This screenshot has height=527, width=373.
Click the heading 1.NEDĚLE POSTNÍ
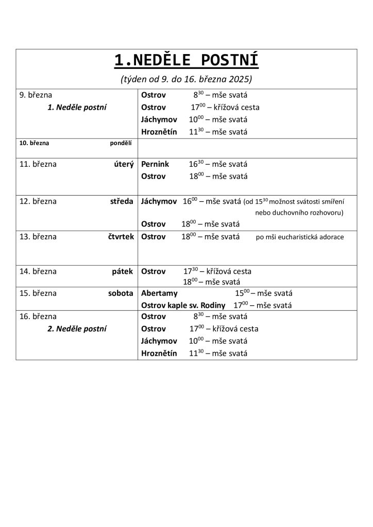pyautogui.click(x=186, y=61)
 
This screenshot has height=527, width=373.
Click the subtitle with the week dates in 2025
pyautogui.click(x=186, y=80)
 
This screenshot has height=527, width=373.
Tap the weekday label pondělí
pyautogui.click(x=121, y=143)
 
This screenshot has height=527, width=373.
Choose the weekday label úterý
pyautogui.click(x=124, y=165)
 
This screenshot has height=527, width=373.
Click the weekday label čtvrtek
pyautogui.click(x=120, y=237)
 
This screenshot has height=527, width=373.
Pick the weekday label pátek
pyautogui.click(x=123, y=271)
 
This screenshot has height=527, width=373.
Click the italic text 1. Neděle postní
pyautogui.click(x=77, y=107)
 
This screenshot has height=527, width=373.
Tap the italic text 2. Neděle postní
pyautogui.click(x=77, y=328)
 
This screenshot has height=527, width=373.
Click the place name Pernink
pyautogui.click(x=154, y=165)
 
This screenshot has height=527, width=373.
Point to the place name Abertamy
pyautogui.click(x=159, y=293)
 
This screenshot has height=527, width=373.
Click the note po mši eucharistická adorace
pyautogui.click(x=299, y=237)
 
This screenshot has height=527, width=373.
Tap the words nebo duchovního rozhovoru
pyautogui.click(x=299, y=212)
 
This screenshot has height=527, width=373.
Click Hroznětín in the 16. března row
pyautogui.click(x=159, y=353)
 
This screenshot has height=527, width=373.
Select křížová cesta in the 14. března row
pyautogui.click(x=230, y=271)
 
